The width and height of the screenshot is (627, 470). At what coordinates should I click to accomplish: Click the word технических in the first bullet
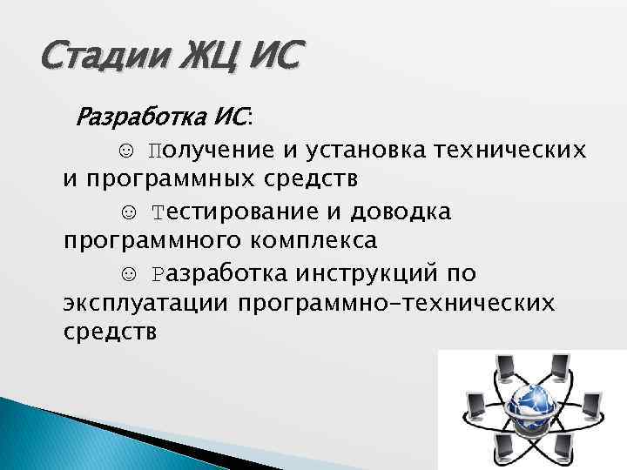pos(509,150)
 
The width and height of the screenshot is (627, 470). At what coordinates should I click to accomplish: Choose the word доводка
pos(400,211)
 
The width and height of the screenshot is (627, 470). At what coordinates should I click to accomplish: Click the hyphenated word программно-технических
pos(401,303)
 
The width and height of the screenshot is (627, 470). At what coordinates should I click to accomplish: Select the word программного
pos(147,241)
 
